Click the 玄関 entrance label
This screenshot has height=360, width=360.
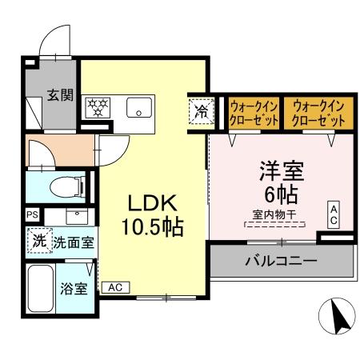point(60,94)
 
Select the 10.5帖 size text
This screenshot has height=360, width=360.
point(152,226)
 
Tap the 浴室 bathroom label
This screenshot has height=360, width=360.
point(74,289)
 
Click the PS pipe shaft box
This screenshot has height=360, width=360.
point(32,214)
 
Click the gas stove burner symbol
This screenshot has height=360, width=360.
point(99,107)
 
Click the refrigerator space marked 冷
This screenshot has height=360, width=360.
point(200,110)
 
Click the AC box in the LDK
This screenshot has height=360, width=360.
point(115,286)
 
